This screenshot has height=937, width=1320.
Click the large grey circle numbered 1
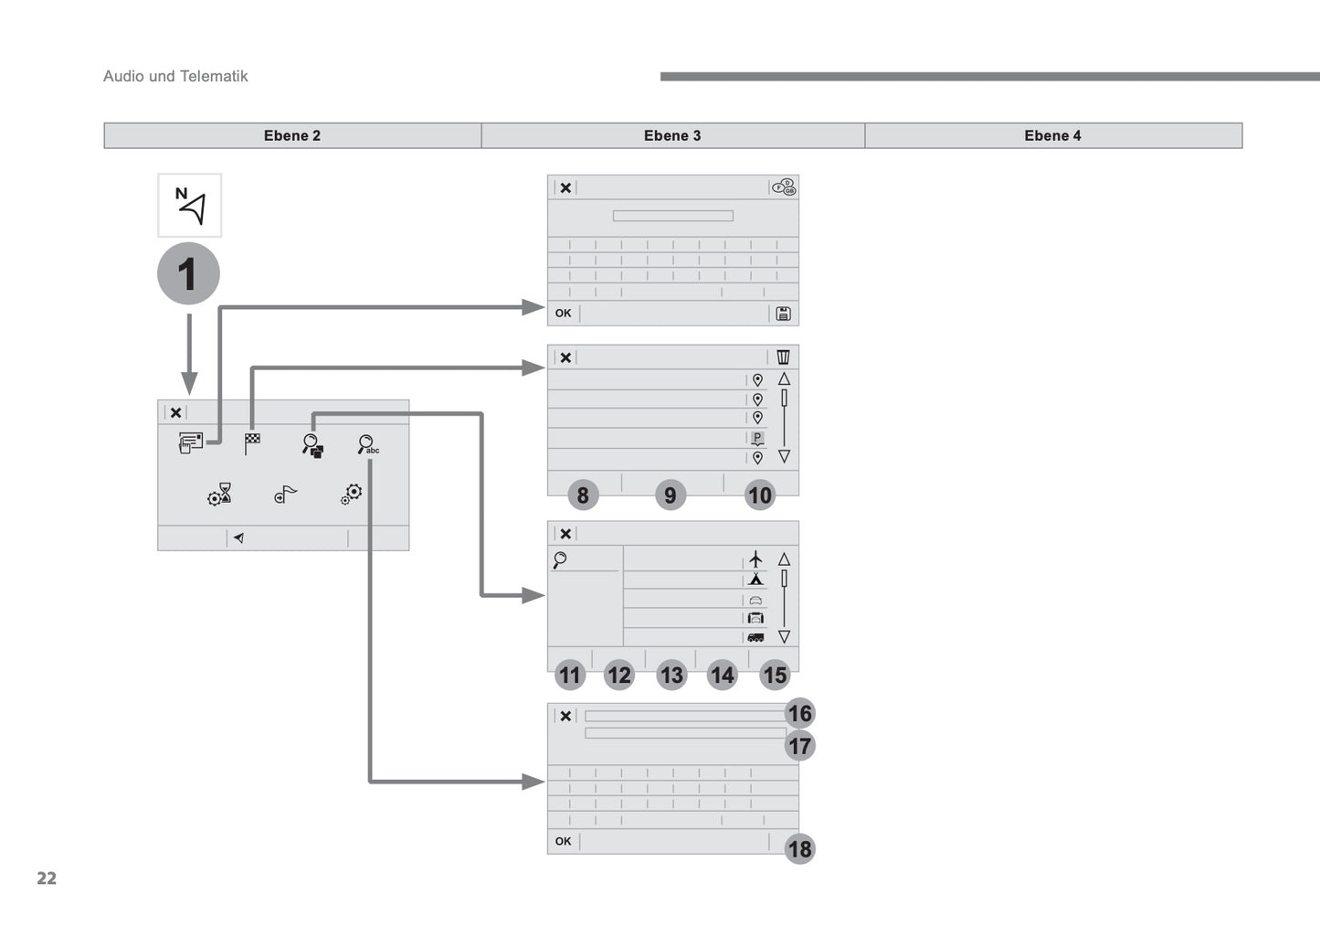188,273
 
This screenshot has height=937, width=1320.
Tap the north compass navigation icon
190,206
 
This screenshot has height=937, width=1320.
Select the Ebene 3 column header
672,135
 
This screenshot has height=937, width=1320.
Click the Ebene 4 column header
1052,135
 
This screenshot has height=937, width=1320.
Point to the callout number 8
583,495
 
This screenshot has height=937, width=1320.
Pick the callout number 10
760,495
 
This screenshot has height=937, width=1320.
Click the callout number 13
671,676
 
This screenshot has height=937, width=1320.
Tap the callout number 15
775,676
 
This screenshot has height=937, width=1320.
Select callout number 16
799,714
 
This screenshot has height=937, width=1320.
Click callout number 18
799,849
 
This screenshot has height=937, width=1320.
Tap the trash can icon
783,357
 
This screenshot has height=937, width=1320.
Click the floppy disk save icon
783,314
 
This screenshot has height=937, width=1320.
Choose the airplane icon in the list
755,559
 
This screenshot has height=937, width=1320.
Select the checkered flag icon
252,443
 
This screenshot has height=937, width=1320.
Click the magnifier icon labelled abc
367,445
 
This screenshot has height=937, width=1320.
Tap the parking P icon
757,438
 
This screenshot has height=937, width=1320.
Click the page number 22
47,878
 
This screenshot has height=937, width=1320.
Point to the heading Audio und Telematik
175,76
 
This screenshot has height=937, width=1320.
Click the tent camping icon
755,579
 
